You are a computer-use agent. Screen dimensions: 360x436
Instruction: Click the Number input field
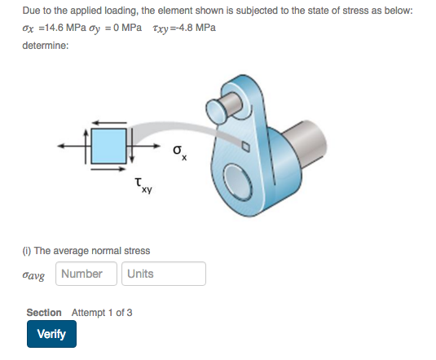[86, 274]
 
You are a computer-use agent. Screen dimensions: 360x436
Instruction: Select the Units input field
[164, 274]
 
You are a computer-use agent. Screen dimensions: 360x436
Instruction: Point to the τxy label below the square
[142, 188]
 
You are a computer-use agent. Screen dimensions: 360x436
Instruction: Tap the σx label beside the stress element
[180, 152]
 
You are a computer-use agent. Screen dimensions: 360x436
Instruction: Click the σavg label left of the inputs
[37, 274]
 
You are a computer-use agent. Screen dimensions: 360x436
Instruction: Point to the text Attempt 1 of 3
[102, 313]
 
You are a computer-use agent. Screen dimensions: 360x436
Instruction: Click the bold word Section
[43, 313]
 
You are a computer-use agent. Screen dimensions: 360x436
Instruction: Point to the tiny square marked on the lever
[243, 146]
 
